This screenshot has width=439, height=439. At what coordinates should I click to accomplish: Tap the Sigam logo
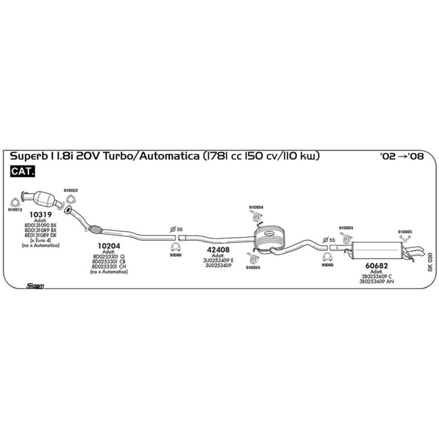(x=35, y=284)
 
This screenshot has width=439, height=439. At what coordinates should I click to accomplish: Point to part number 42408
(x=217, y=249)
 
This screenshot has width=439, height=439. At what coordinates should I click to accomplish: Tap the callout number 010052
(x=71, y=190)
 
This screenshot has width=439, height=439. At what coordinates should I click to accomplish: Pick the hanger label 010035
(x=405, y=232)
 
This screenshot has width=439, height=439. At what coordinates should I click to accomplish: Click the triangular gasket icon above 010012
(x=15, y=201)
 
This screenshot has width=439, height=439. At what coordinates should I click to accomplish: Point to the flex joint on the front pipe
(x=95, y=230)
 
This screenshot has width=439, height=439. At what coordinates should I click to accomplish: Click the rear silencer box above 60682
(x=376, y=250)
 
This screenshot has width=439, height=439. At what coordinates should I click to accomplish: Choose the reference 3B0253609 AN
(x=377, y=282)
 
